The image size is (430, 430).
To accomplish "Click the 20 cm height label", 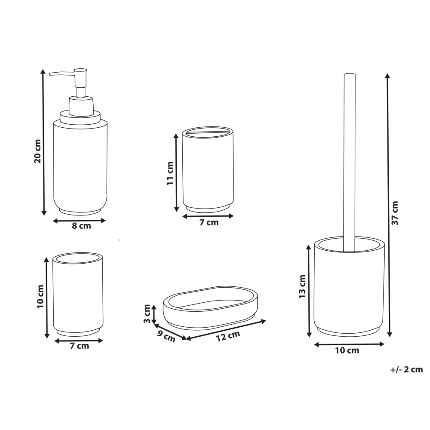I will (x=37, y=151).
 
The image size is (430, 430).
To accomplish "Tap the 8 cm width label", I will (x=81, y=227).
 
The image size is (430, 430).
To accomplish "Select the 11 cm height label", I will (x=170, y=173).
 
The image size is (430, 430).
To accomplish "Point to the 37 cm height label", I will (x=395, y=213).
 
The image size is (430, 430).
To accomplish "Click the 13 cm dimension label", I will (x=302, y=287).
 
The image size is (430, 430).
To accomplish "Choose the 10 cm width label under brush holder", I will (x=347, y=350).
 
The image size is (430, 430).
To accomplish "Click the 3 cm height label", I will (x=147, y=314).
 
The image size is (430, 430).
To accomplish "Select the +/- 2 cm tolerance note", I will (x=406, y=369).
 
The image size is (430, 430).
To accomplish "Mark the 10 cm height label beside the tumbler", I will (x=40, y=296).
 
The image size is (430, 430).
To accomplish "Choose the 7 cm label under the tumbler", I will (x=79, y=346).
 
